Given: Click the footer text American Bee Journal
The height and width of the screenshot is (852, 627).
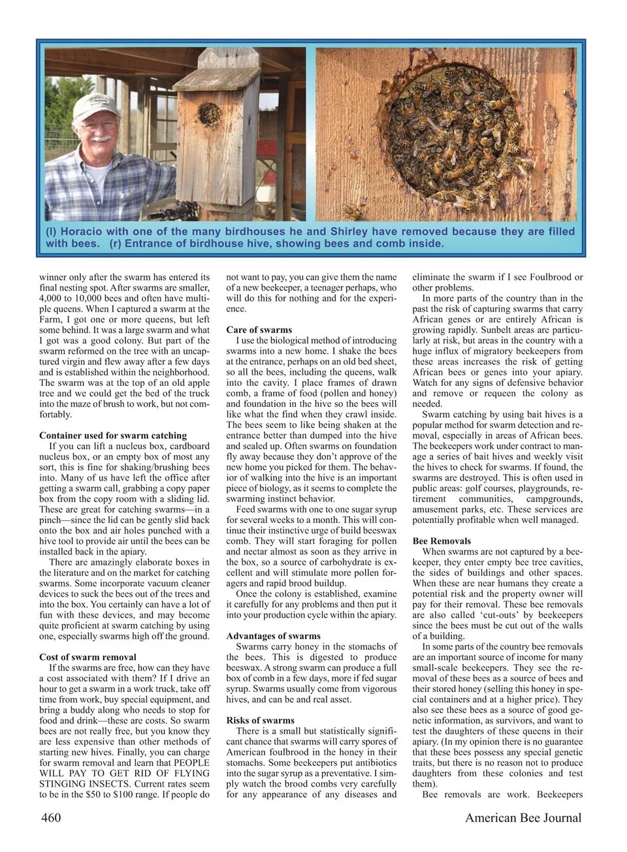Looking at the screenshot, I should coord(523,817).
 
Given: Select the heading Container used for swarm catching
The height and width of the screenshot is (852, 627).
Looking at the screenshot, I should coord(113,435).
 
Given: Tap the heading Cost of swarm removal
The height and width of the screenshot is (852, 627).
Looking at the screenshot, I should coord(88,657).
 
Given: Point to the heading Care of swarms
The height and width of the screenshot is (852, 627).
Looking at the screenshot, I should coord(259,330).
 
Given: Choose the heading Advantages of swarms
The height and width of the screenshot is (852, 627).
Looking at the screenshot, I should coord(274,636).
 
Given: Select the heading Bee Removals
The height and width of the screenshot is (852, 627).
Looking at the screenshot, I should coord(442,541).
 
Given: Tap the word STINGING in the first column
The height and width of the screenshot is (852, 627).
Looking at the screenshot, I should coord(64,784).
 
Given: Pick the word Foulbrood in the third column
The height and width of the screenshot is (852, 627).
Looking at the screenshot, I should coord(553,277).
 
